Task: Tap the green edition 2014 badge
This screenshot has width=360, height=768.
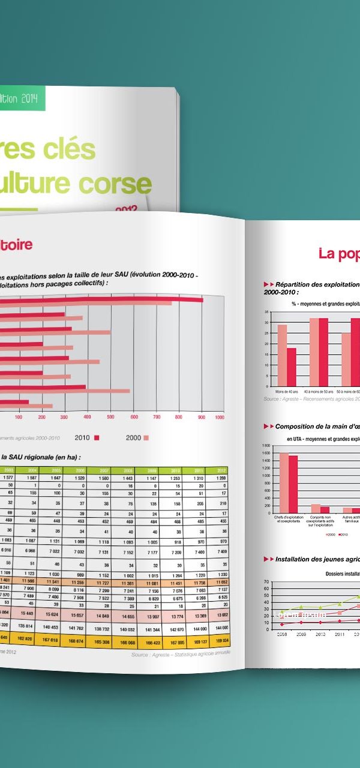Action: [22, 98]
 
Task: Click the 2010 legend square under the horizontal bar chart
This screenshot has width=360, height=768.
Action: [97, 437]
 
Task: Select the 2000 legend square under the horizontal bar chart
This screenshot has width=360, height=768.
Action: [146, 438]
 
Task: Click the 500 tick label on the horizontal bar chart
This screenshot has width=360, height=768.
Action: [110, 417]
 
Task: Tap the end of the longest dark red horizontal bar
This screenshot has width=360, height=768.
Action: [202, 300]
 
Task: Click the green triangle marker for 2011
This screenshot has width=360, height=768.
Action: [339, 604]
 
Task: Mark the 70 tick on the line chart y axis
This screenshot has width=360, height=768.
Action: [267, 582]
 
